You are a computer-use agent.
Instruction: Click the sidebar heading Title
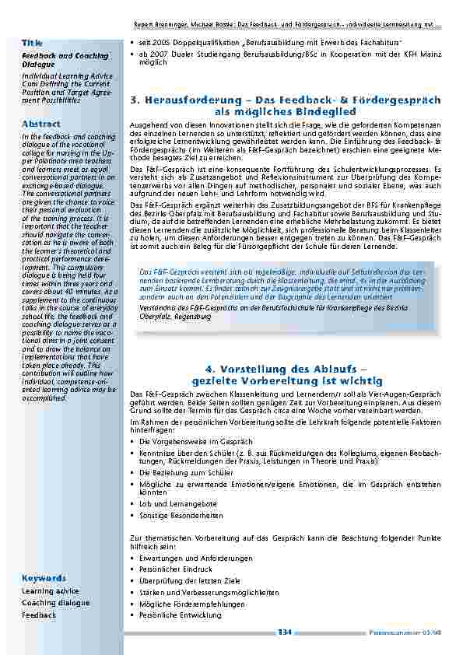32,42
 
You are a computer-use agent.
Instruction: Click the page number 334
285,632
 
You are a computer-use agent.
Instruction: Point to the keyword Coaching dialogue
55,603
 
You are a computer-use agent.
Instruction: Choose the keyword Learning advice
51,591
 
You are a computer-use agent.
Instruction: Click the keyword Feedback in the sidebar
39,615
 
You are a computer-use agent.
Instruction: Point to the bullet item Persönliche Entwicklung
180,615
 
